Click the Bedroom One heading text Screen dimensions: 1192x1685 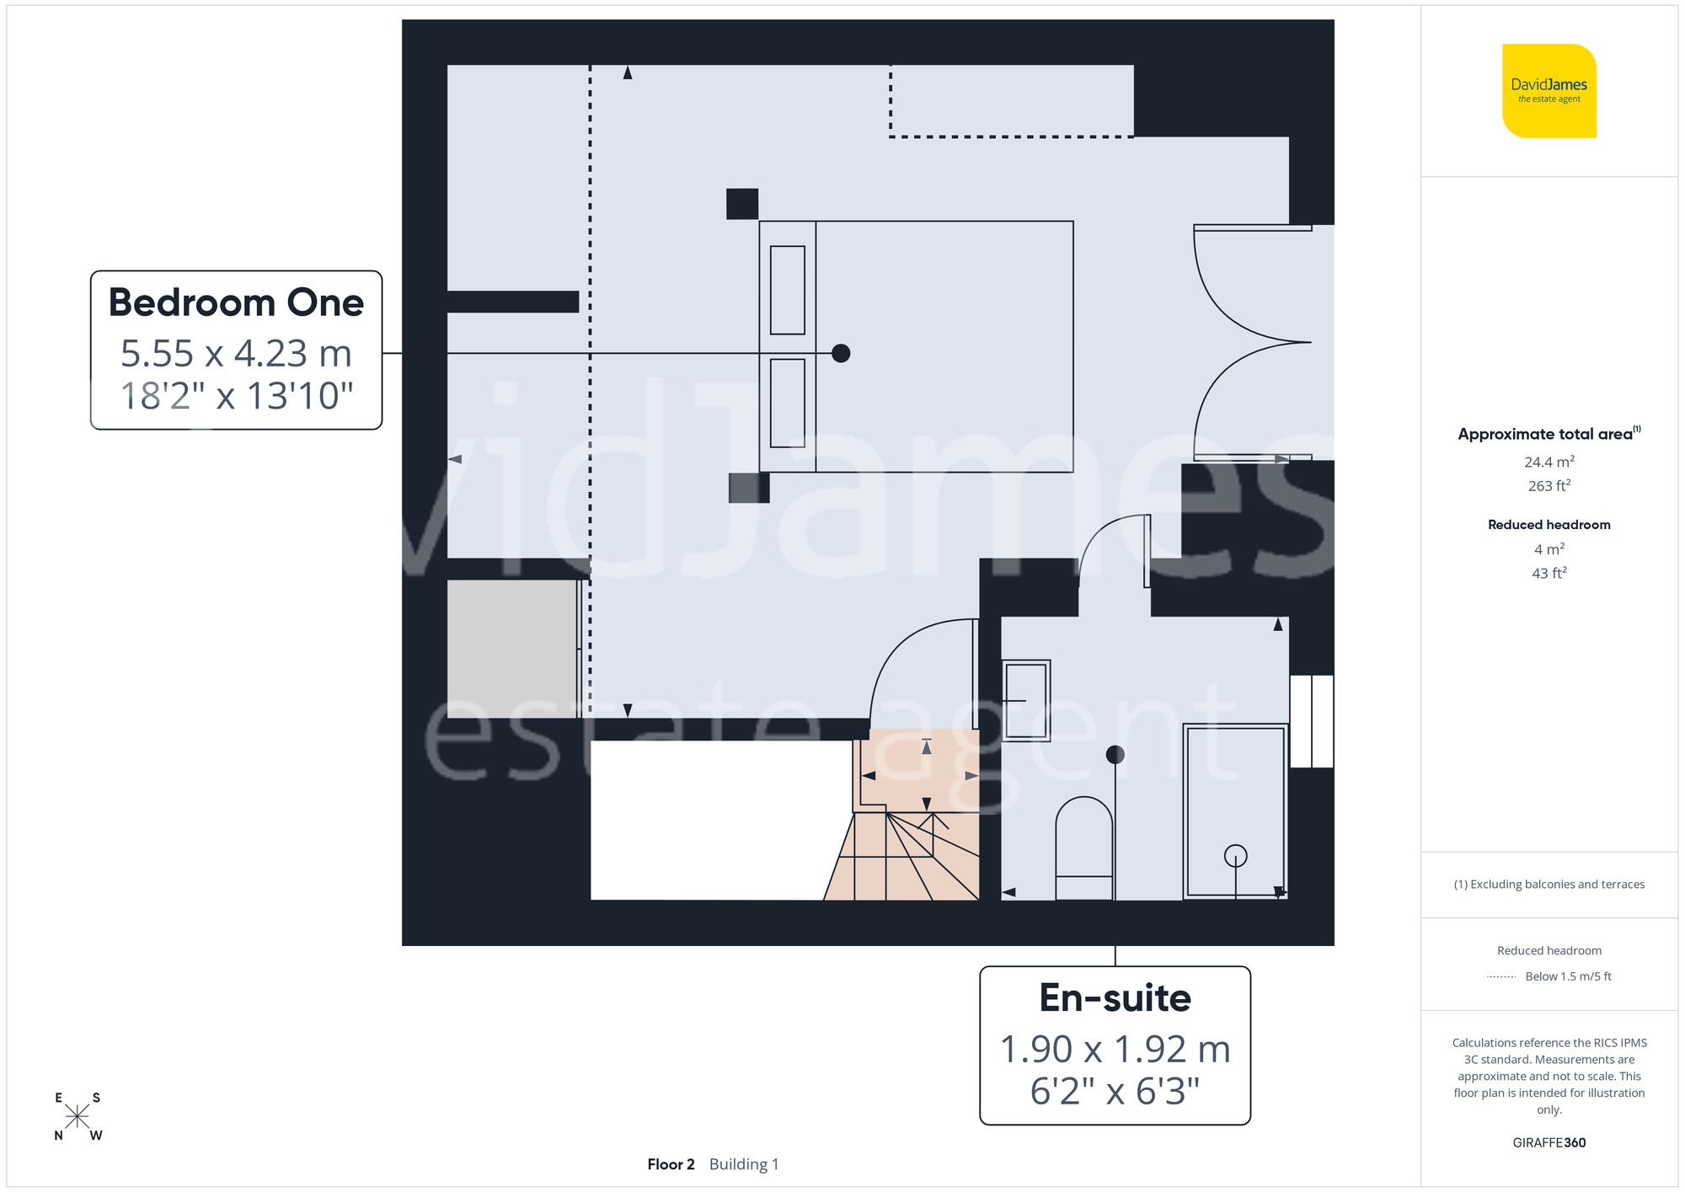coord(236,302)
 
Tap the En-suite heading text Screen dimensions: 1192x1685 coord(1115,998)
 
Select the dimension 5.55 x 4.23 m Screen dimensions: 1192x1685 coord(236,354)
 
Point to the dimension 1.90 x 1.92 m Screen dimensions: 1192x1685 coord(1115,1050)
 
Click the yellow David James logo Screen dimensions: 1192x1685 coord(1549,91)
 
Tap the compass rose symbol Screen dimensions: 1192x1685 coord(78,1117)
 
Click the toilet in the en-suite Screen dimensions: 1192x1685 coord(1084,847)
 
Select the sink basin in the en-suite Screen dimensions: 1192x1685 coord(1025,700)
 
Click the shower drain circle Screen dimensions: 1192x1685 coord(1235,856)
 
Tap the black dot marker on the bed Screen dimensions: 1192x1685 coord(841,354)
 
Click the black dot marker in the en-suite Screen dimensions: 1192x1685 coord(1115,755)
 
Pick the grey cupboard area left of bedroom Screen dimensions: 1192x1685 coord(511,649)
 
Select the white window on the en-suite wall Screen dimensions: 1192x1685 coord(1312,721)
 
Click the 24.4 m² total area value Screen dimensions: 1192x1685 coord(1549,462)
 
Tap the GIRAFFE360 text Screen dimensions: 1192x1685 coord(1549,1142)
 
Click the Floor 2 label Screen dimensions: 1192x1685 coord(671,1164)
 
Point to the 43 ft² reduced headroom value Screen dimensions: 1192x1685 coord(1549,573)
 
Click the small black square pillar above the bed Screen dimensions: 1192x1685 coord(742,204)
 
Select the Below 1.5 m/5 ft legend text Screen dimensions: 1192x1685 coord(1568,976)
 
